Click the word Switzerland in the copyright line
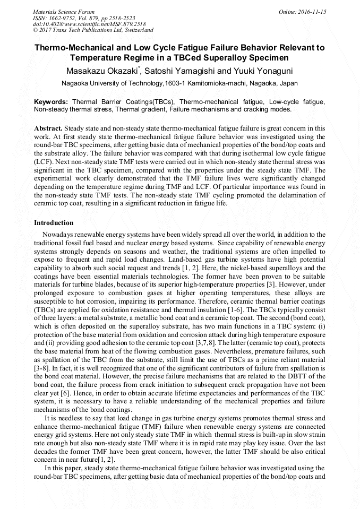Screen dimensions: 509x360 point(138,31)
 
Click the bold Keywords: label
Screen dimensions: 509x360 point(51,101)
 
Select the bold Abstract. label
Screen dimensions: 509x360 point(48,128)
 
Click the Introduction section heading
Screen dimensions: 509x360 point(54,223)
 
